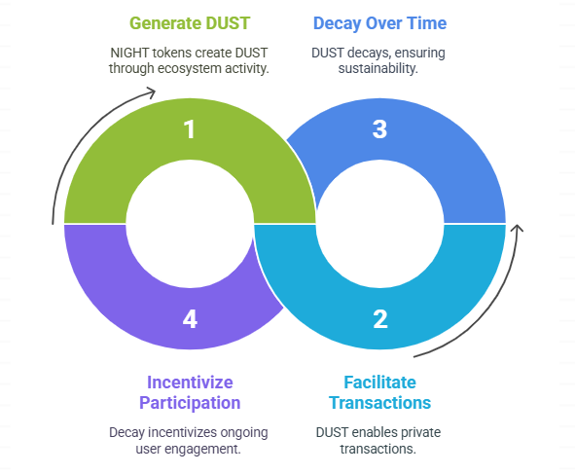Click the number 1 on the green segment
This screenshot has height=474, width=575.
(190, 129)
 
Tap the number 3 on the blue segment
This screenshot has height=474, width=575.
(379, 129)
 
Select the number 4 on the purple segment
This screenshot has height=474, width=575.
(190, 319)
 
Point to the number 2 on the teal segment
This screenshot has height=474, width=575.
(380, 319)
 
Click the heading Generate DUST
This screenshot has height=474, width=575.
(190, 23)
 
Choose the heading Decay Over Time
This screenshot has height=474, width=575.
(379, 23)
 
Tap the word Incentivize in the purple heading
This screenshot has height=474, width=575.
(190, 383)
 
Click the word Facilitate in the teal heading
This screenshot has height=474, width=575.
(379, 383)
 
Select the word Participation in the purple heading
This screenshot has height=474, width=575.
(190, 403)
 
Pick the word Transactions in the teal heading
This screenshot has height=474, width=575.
(379, 403)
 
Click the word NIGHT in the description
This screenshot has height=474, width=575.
(129, 53)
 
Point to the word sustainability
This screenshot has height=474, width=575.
(378, 68)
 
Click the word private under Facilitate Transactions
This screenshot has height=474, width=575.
(420, 432)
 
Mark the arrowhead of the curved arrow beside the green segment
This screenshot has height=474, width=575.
(151, 92)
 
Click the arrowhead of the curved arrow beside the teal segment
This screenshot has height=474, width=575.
(518, 228)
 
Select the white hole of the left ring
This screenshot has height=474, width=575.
(190, 224)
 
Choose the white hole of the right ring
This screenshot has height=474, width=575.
(379, 224)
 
